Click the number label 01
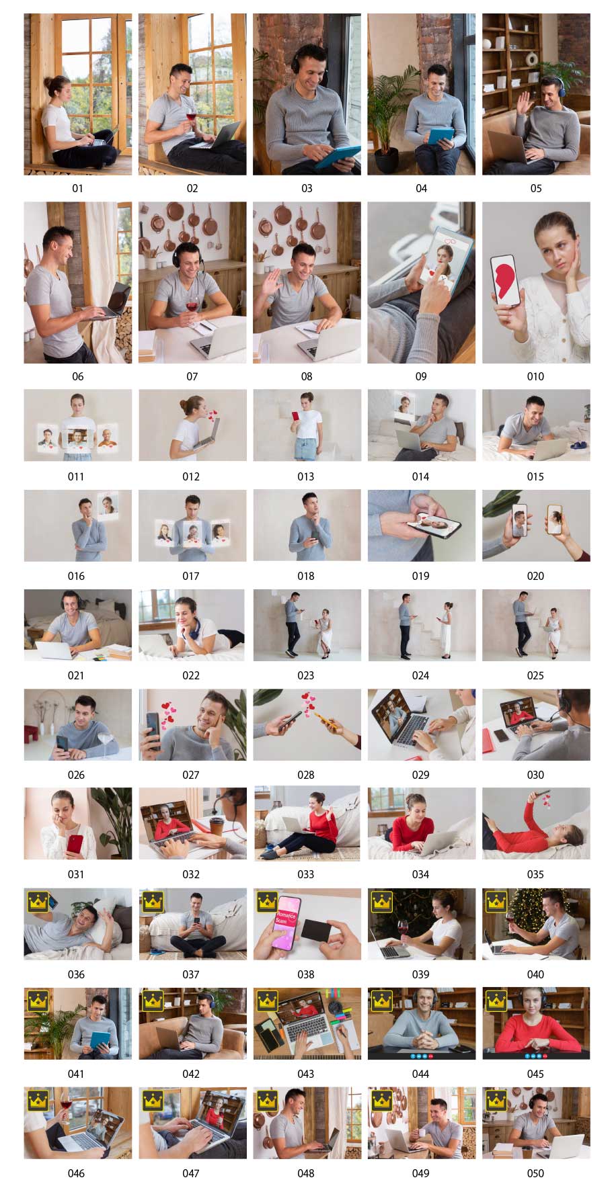77,188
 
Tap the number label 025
535,675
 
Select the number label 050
535,1173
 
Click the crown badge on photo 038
268,901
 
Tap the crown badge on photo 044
382,1001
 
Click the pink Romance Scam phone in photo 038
286,921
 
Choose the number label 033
306,874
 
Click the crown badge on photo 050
496,1100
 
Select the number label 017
191,576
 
